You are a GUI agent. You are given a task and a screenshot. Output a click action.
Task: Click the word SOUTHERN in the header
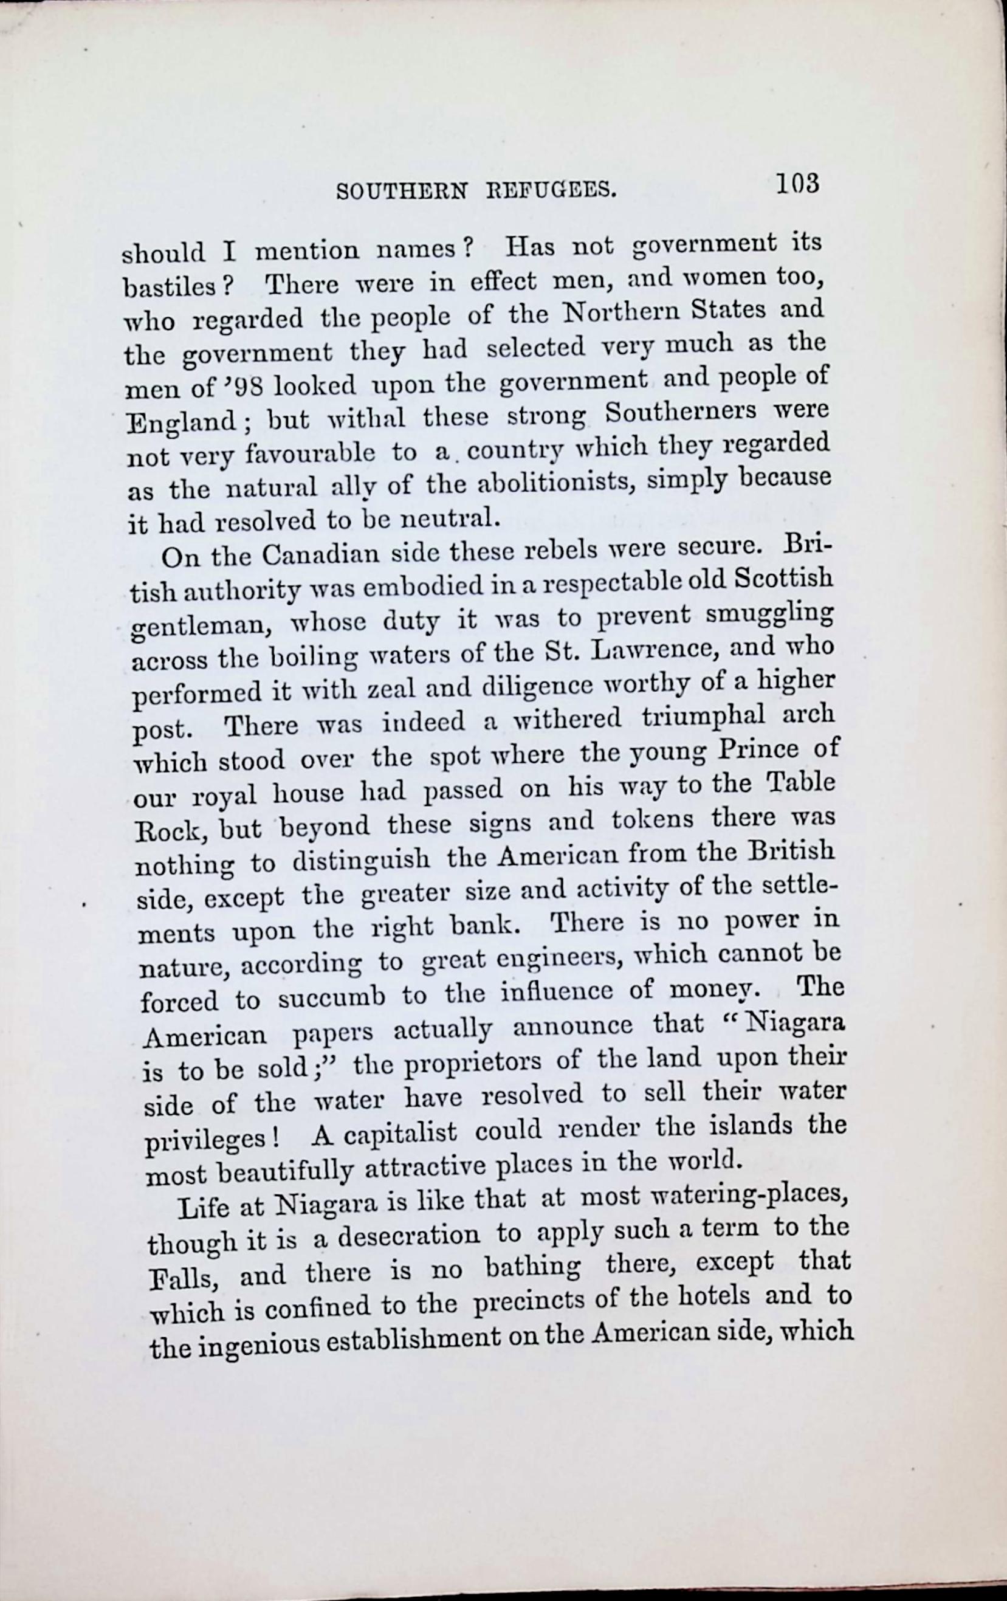[401, 192]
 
